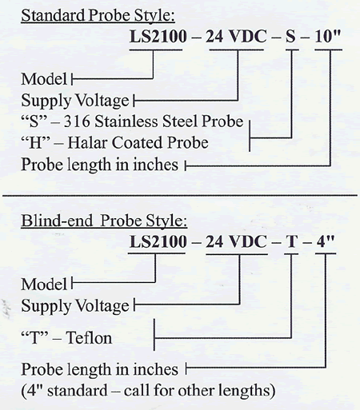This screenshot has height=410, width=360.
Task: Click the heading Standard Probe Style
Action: tap(98, 15)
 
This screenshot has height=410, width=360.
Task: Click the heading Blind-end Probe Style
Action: tap(104, 221)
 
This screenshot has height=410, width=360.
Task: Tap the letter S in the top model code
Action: tap(290, 36)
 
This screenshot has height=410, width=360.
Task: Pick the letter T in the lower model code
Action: tap(291, 241)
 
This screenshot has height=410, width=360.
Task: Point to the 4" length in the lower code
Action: tap(326, 241)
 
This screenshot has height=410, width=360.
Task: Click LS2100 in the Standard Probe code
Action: tap(158, 36)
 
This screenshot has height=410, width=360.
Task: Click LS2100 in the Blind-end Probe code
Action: tap(158, 241)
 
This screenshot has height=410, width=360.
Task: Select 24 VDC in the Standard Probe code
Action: tap(236, 36)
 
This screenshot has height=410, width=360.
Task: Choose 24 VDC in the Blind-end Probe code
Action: tap(236, 241)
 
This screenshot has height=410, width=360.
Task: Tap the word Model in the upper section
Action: tap(44, 79)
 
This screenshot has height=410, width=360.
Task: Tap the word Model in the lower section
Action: tap(44, 284)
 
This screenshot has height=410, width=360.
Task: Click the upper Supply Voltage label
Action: tap(75, 101)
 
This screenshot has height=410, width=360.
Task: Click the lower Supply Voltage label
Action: tap(75, 306)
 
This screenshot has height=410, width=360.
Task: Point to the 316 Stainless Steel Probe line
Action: tap(132, 121)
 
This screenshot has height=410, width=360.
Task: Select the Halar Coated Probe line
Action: tap(114, 142)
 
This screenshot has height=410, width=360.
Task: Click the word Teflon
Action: tap(89, 338)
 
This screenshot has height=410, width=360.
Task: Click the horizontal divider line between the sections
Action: tap(180, 195)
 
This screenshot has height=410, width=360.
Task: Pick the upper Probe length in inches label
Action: tap(99, 165)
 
